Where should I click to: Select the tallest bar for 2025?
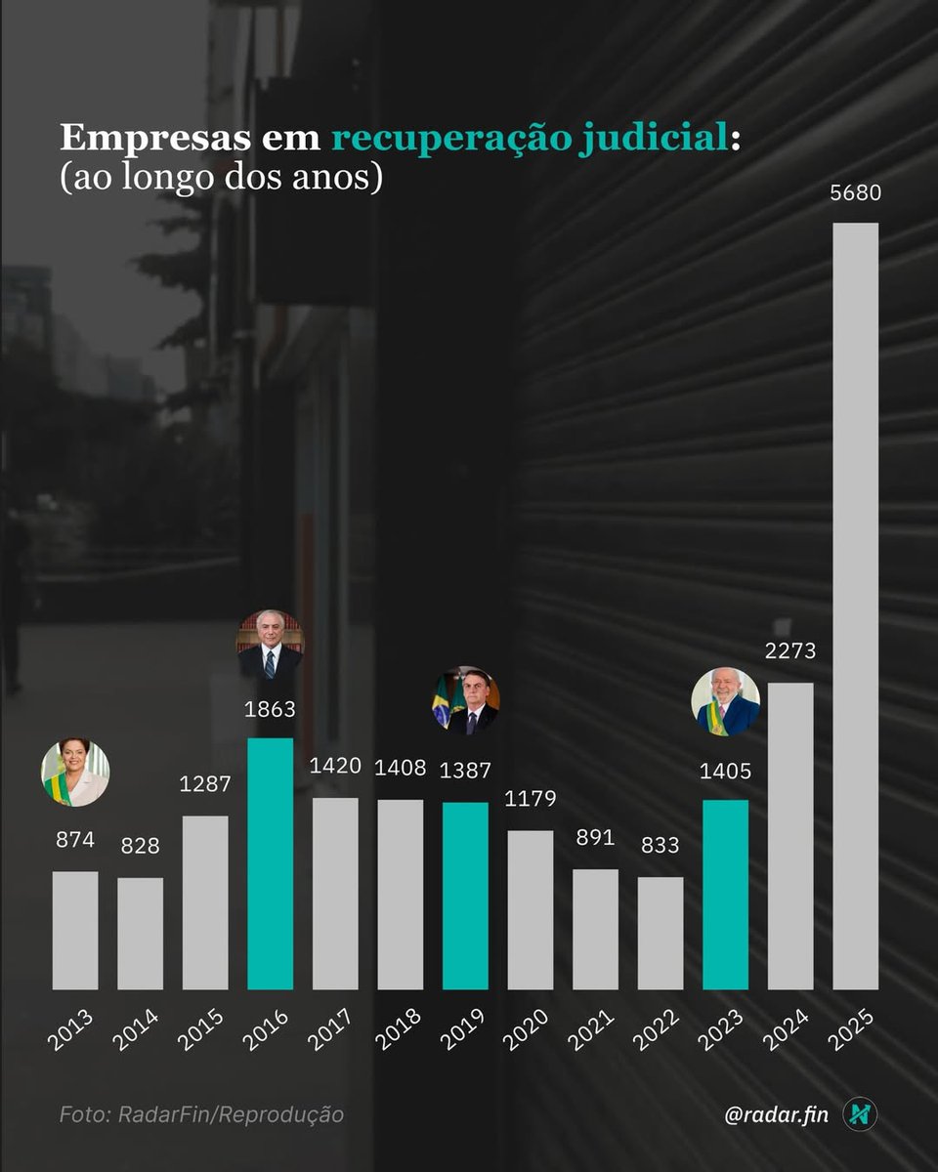(855, 606)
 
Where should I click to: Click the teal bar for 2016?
(270, 864)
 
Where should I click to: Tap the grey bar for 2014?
(140, 934)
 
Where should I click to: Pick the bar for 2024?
(790, 836)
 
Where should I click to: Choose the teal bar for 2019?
(465, 897)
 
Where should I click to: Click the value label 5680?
(855, 192)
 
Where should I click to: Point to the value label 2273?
(790, 651)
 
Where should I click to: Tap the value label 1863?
(270, 709)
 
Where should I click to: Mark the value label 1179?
(531, 799)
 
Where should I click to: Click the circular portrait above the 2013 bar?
(75, 773)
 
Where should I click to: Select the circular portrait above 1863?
(271, 644)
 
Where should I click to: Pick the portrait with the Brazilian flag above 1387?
(466, 700)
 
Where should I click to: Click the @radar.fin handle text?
(777, 1114)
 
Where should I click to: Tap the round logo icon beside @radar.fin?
(860, 1114)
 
